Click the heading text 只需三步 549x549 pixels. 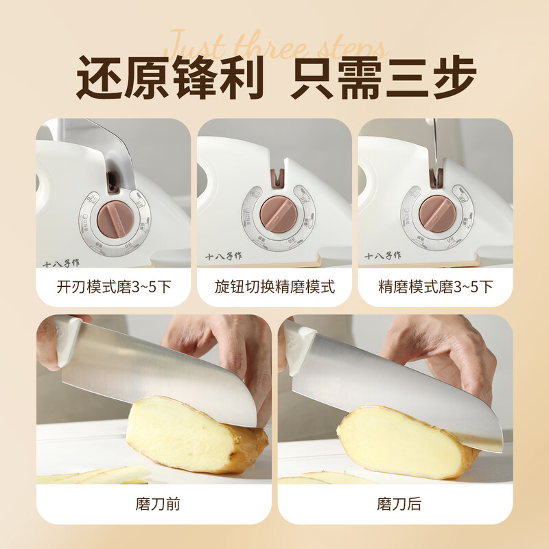(x=383, y=79)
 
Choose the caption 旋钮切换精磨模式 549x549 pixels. (x=274, y=286)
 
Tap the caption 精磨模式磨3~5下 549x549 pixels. (x=435, y=286)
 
